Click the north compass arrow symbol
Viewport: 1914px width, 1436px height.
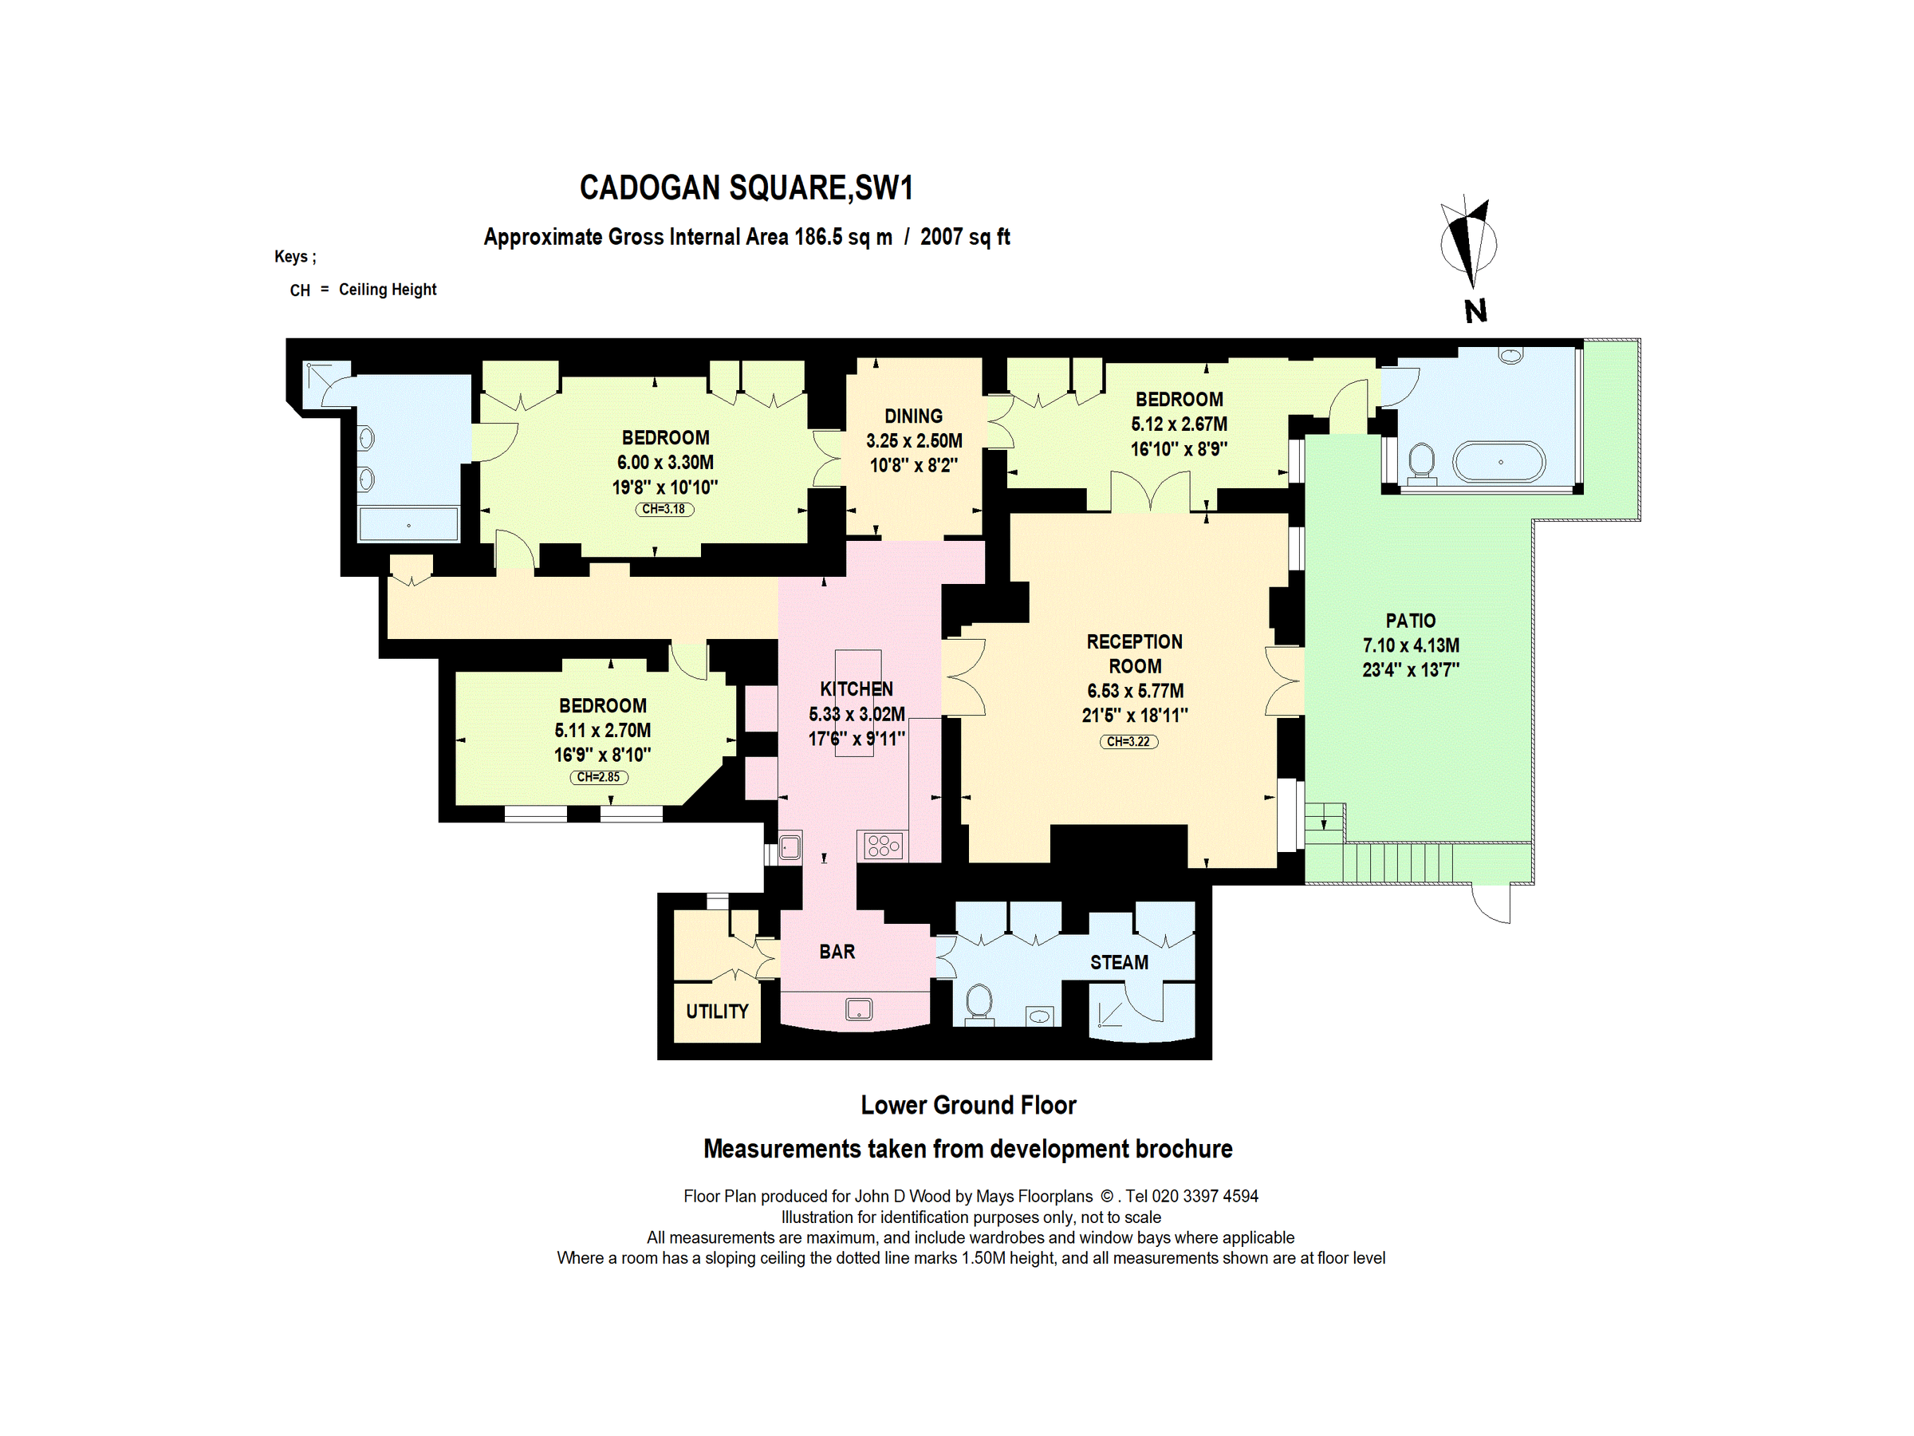click(x=1468, y=243)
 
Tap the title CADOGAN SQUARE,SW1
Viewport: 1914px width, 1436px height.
click(x=746, y=187)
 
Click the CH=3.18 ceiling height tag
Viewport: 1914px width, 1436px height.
click(x=664, y=509)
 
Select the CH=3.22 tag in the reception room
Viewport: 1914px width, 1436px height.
click(x=1128, y=742)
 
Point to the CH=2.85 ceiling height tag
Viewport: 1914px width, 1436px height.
click(x=598, y=777)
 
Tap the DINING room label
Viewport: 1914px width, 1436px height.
click(x=913, y=416)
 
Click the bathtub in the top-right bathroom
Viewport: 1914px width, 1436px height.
click(x=1499, y=462)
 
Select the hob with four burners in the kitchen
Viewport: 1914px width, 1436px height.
click(x=884, y=846)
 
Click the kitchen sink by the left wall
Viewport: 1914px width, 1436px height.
click(x=790, y=846)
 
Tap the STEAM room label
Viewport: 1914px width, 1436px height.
click(x=1119, y=963)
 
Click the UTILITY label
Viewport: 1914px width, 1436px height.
click(x=716, y=1011)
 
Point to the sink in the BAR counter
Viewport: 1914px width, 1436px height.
click(x=858, y=1008)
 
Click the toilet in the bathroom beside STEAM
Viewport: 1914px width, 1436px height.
click(x=979, y=1002)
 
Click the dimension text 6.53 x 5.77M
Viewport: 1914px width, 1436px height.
click(x=1134, y=691)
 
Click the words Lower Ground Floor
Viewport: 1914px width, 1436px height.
click(x=967, y=1106)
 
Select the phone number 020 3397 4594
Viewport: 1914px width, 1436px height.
click(x=1204, y=1196)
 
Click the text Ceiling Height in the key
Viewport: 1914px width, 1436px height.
click(x=387, y=289)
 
